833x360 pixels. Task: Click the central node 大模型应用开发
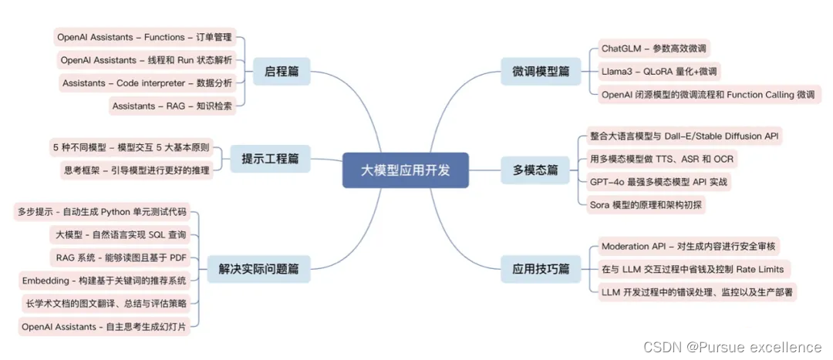405,170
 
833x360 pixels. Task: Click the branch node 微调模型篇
541,71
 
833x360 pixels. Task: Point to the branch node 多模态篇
535,170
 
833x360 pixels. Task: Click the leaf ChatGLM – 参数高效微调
653,49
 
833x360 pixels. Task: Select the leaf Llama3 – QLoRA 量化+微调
659,72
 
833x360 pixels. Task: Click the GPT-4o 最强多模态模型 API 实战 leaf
659,182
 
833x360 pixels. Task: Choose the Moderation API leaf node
690,247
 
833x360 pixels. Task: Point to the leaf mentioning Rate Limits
692,269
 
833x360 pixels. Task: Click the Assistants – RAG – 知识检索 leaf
171,106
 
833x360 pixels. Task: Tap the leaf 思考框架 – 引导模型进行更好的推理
136,170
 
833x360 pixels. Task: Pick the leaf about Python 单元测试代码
102,212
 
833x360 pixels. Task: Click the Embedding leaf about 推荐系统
103,280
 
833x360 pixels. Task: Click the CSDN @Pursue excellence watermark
732,347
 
